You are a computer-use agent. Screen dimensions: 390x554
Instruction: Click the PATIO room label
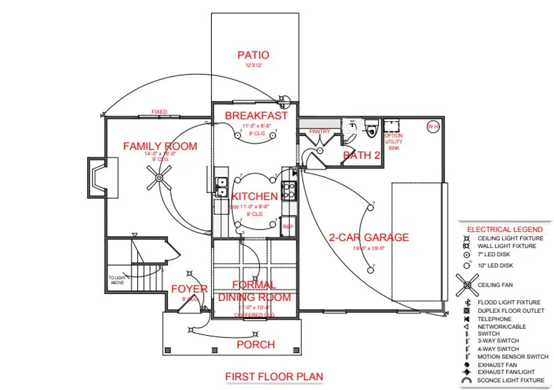pyautogui.click(x=253, y=55)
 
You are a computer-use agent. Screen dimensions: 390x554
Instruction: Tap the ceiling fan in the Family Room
pyautogui.click(x=159, y=178)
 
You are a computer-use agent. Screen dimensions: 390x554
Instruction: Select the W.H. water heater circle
pyautogui.click(x=433, y=127)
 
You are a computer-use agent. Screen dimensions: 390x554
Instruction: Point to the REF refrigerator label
pyautogui.click(x=288, y=227)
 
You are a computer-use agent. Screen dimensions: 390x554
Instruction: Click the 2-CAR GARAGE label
pyautogui.click(x=369, y=237)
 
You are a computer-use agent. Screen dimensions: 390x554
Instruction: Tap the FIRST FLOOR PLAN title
pyautogui.click(x=274, y=377)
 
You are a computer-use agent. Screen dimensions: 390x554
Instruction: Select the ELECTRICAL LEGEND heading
pyautogui.click(x=505, y=229)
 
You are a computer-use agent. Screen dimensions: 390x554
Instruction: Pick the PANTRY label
pyautogui.click(x=319, y=131)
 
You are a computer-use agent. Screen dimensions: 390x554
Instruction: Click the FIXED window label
pyautogui.click(x=159, y=112)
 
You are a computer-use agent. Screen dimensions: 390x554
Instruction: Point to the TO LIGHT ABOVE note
pyautogui.click(x=117, y=280)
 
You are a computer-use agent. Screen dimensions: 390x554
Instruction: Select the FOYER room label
pyautogui.click(x=189, y=289)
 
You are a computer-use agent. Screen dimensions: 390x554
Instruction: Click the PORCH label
pyautogui.click(x=256, y=345)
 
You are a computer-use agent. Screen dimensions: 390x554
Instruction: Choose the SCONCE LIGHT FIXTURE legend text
pyautogui.click(x=511, y=380)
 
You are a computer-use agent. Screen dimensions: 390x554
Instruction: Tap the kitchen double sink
pyautogui.click(x=221, y=187)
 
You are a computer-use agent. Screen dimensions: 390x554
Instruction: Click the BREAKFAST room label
pyautogui.click(x=256, y=116)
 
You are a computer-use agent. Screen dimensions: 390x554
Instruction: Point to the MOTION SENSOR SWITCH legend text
pyautogui.click(x=513, y=357)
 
